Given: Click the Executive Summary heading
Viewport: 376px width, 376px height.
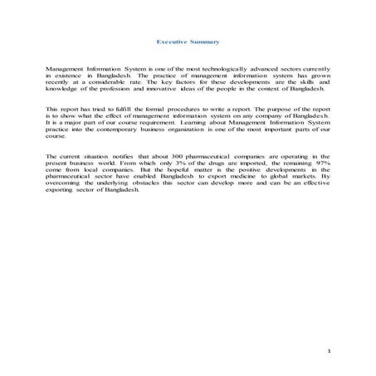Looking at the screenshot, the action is (x=188, y=41).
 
